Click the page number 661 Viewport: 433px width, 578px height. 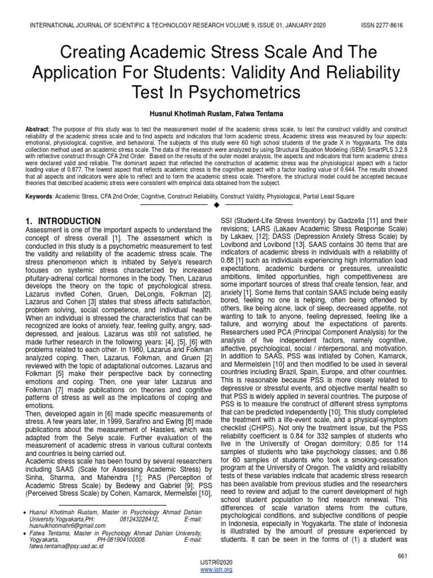click(402, 557)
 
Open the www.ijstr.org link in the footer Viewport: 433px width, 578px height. click(216, 570)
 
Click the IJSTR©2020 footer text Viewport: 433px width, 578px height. click(216, 563)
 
